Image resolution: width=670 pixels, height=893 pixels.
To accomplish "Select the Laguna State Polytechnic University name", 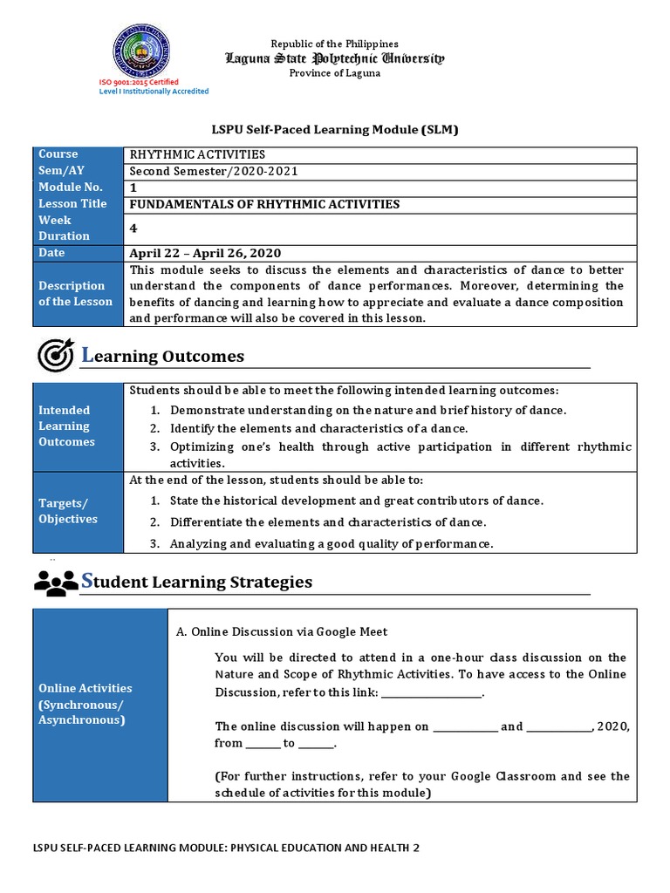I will [334, 58].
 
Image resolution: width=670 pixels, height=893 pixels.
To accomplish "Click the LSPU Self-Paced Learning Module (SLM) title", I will [334, 130].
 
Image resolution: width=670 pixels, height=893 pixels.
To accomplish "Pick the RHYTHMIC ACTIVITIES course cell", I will [197, 154].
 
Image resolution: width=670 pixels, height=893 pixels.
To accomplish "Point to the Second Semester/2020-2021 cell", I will [213, 171].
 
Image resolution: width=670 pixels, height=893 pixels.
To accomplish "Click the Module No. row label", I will [71, 187].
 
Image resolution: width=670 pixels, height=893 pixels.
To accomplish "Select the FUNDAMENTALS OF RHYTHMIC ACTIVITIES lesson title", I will [264, 204].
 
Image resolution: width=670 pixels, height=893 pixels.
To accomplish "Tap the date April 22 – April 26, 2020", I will [205, 253].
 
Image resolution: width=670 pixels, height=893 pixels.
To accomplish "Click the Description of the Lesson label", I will [75, 294].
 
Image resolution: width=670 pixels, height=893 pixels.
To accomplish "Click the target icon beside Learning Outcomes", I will [56, 356].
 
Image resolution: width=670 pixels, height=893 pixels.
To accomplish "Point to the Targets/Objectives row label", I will [68, 511].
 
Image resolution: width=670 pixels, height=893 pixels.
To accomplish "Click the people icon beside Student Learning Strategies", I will [56, 582].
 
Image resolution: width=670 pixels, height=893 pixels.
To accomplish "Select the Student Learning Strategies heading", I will [196, 581].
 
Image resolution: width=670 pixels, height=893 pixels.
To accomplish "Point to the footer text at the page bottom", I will [226, 847].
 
